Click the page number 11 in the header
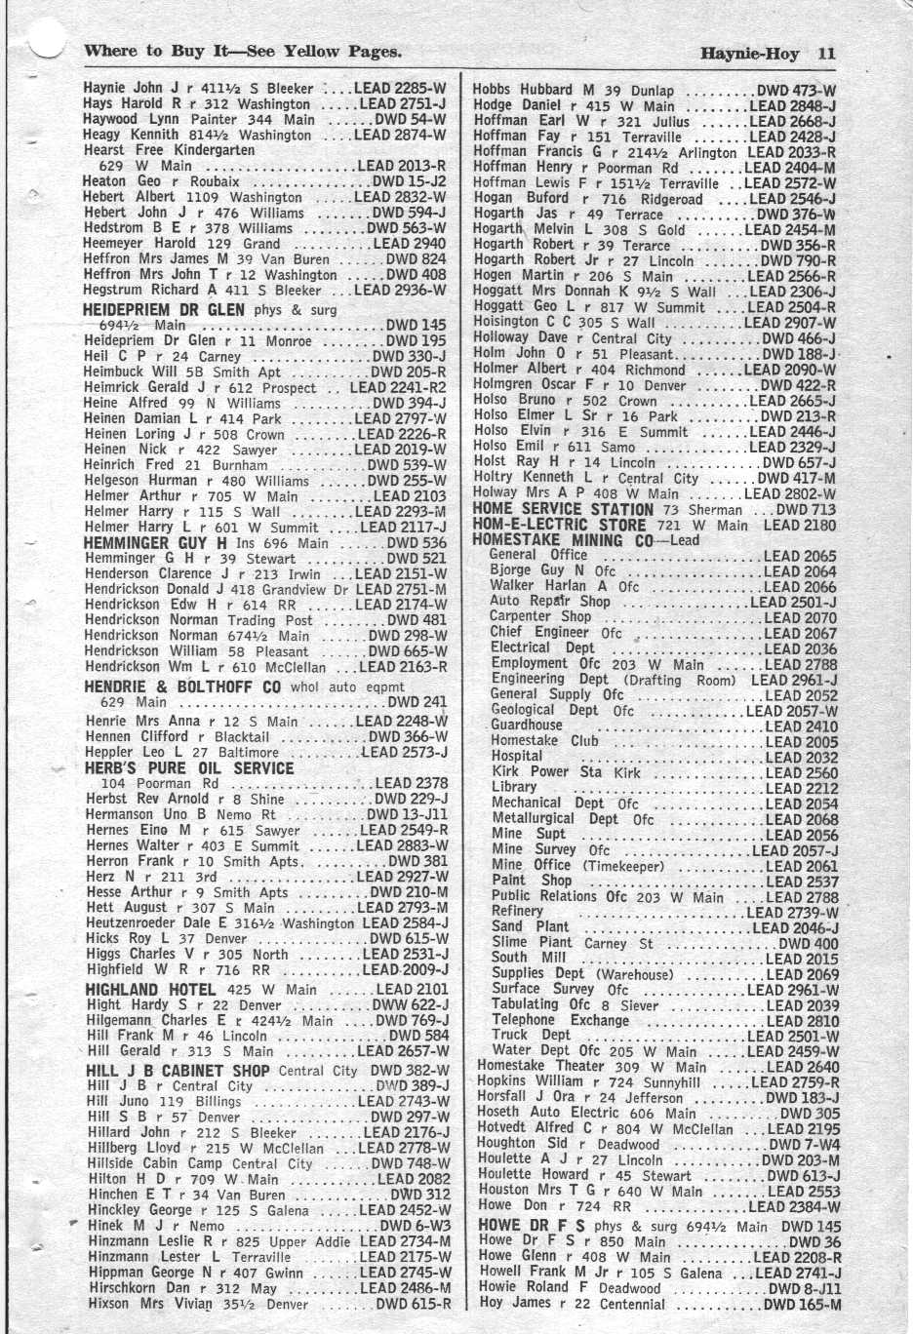pos(826,54)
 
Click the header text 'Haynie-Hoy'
pos(754,54)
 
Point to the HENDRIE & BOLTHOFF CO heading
pos(181,687)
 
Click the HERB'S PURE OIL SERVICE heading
pos(189,767)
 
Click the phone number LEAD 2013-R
pos(402,166)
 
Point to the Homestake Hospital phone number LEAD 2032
pos(801,757)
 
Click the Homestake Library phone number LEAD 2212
pos(801,788)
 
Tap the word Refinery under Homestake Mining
pos(517,911)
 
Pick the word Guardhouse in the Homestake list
pos(527,725)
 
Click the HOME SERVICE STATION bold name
pos(563,509)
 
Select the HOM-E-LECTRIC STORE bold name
pos(559,525)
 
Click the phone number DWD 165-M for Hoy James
pos(802,1304)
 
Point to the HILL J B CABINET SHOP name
pos(178,1070)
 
